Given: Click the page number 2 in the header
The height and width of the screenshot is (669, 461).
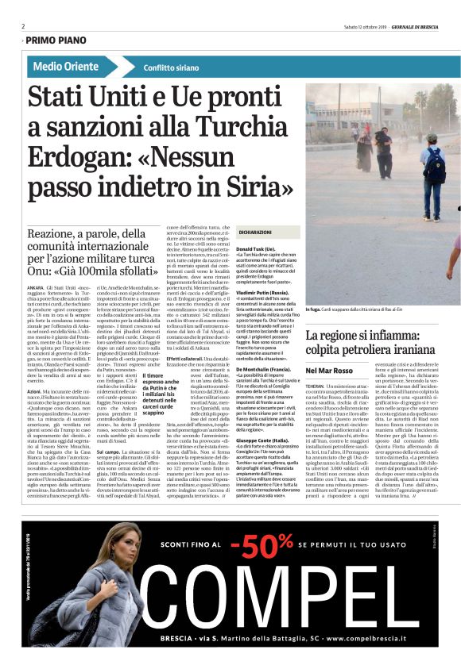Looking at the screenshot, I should tap(24, 25).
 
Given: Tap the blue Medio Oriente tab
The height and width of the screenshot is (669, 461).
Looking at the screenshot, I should tap(66, 67).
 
